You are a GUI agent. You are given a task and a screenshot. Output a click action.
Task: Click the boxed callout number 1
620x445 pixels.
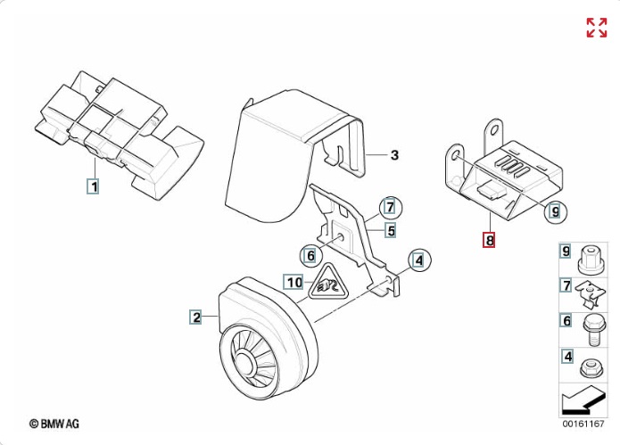click(93, 186)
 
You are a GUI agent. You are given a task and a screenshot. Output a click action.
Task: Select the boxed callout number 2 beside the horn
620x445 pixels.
click(195, 317)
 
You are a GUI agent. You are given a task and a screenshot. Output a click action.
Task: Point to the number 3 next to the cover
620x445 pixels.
click(394, 155)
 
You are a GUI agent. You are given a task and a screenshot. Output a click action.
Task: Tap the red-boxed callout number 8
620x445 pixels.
click(489, 240)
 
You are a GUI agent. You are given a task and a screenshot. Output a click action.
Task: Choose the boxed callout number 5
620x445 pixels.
click(391, 230)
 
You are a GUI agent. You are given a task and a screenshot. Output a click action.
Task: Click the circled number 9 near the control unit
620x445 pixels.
click(556, 212)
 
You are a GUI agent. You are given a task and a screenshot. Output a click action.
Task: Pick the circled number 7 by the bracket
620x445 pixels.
click(390, 208)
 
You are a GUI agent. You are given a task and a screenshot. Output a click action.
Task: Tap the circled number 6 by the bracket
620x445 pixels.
click(310, 256)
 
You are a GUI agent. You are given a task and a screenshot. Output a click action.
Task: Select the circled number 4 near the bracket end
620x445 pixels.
click(418, 260)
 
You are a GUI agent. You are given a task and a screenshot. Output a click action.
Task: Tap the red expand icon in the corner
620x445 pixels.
click(597, 28)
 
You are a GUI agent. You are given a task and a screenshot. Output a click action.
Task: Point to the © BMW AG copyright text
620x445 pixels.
click(54, 424)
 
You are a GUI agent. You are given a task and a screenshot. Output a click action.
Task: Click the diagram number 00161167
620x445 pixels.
click(583, 424)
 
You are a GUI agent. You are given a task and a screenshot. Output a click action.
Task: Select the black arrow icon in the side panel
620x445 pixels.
click(583, 400)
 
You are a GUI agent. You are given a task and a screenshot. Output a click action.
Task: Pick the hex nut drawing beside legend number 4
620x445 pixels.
click(590, 368)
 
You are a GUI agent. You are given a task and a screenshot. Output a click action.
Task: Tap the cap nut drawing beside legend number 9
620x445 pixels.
click(591, 260)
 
